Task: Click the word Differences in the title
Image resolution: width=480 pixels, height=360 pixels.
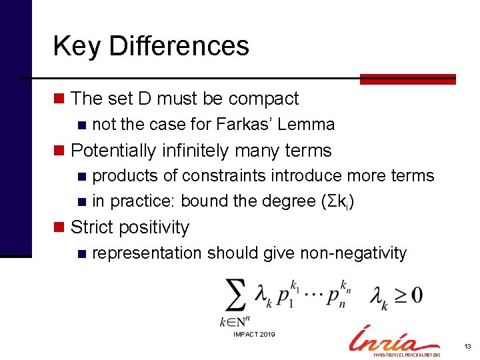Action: (179, 46)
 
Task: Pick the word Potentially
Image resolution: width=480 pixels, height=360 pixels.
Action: (113, 151)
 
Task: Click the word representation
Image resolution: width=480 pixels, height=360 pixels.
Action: (147, 253)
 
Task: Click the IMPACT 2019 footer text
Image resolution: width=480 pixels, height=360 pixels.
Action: (254, 334)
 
